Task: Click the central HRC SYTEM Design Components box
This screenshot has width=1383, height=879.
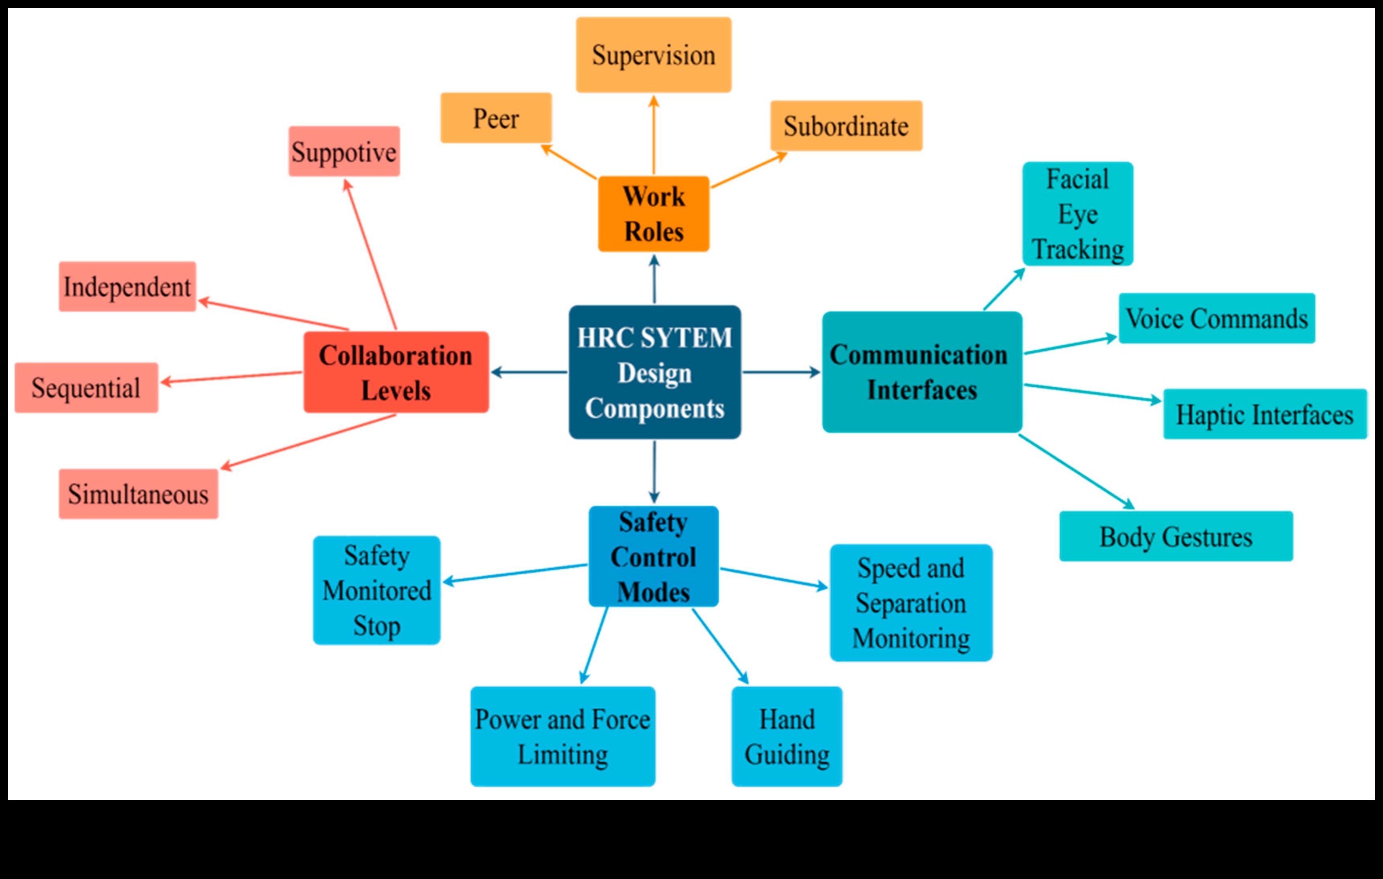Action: pos(654,372)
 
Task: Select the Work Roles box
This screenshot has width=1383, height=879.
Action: pos(654,214)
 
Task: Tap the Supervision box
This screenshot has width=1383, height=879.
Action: pos(654,55)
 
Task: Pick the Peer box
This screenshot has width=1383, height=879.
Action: pos(496,118)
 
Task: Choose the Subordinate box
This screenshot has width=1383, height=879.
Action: pos(846,126)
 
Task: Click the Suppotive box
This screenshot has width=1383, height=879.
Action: pos(344,152)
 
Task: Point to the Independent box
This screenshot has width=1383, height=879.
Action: pos(127,287)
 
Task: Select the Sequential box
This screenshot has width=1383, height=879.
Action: pos(86,388)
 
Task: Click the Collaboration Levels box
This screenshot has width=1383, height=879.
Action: pos(396,372)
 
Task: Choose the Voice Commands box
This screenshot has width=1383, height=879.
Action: pos(1216,318)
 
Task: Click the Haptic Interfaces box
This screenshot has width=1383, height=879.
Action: pos(1265,414)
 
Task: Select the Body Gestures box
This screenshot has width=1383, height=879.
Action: pos(1176,537)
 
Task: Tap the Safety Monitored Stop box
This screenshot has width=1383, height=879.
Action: pos(376,590)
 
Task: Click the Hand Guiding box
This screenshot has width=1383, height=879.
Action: pos(787,737)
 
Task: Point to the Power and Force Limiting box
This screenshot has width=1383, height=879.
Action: pos(562,737)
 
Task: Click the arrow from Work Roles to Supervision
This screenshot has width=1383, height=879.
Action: pos(654,135)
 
